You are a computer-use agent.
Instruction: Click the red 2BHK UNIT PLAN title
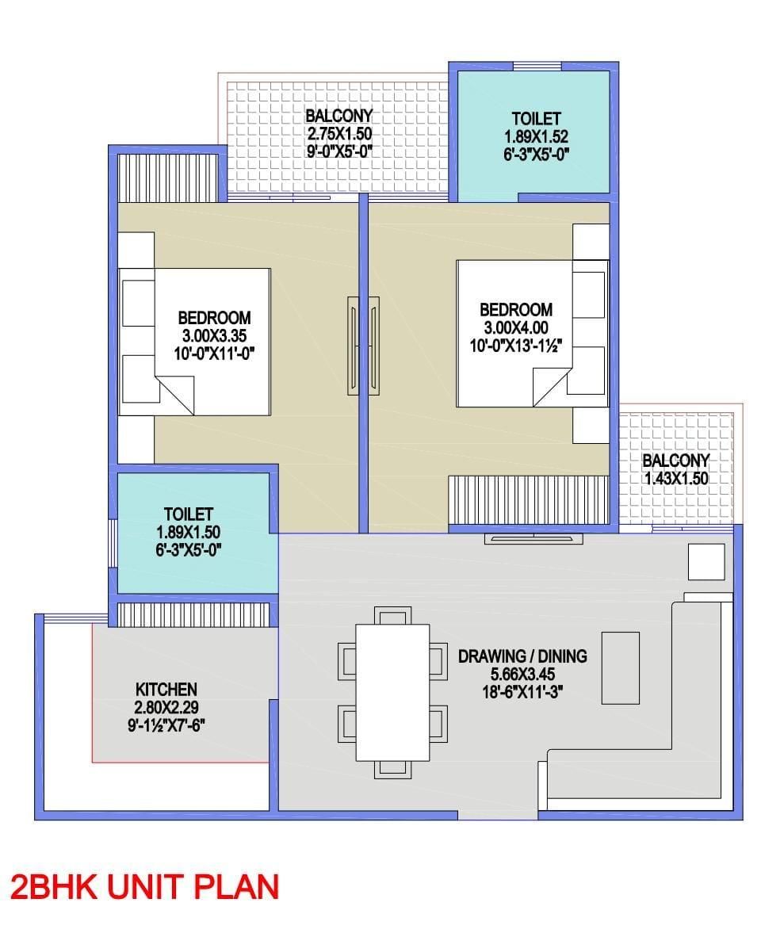coord(144,886)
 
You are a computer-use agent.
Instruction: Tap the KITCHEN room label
coord(166,690)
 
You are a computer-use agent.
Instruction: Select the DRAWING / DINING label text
coord(522,656)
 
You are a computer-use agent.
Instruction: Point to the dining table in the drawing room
coord(392,692)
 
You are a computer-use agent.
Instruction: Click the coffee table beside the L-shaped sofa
coord(621,668)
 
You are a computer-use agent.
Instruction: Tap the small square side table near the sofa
coord(706,561)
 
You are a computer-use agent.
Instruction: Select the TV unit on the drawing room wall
coord(533,538)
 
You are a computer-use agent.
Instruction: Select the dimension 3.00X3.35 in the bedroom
coord(214,335)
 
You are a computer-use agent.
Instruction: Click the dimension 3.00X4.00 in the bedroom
coord(516,327)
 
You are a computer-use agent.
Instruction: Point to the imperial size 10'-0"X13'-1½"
coord(516,345)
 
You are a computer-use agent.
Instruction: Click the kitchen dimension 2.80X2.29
coord(166,708)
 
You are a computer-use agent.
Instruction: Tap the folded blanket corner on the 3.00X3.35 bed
coord(174,395)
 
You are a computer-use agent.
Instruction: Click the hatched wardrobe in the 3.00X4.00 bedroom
coord(529,500)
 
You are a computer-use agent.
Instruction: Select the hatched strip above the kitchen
coord(193,614)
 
